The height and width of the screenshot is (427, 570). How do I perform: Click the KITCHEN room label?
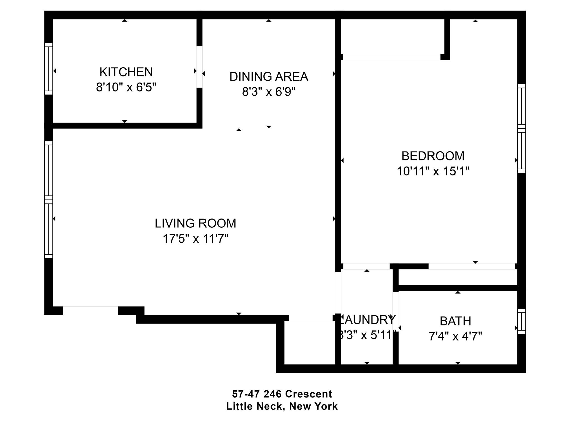tap(126, 72)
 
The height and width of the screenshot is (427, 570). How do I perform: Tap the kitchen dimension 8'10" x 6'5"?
tap(126, 88)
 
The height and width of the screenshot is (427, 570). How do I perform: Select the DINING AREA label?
tap(269, 76)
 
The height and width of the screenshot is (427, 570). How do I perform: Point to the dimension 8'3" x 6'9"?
tap(269, 91)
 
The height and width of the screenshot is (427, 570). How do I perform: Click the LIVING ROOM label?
tap(195, 224)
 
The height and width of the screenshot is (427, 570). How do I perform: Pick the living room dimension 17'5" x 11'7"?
tap(195, 239)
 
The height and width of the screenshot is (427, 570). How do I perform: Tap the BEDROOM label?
tap(433, 156)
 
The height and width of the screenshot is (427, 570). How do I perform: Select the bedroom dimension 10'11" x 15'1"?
tap(433, 171)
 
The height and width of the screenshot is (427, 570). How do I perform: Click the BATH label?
tap(455, 321)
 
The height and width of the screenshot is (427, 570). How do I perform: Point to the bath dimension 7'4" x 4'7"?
tap(455, 336)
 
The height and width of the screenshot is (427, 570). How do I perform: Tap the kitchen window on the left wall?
tap(49, 69)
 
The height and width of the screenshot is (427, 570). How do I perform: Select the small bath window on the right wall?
tap(521, 321)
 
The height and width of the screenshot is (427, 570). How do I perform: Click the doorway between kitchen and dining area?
tap(199, 67)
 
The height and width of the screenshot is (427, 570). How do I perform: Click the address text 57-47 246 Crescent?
tap(282, 394)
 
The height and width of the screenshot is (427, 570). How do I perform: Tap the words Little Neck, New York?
tap(282, 406)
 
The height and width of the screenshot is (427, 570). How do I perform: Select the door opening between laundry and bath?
tap(395, 311)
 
